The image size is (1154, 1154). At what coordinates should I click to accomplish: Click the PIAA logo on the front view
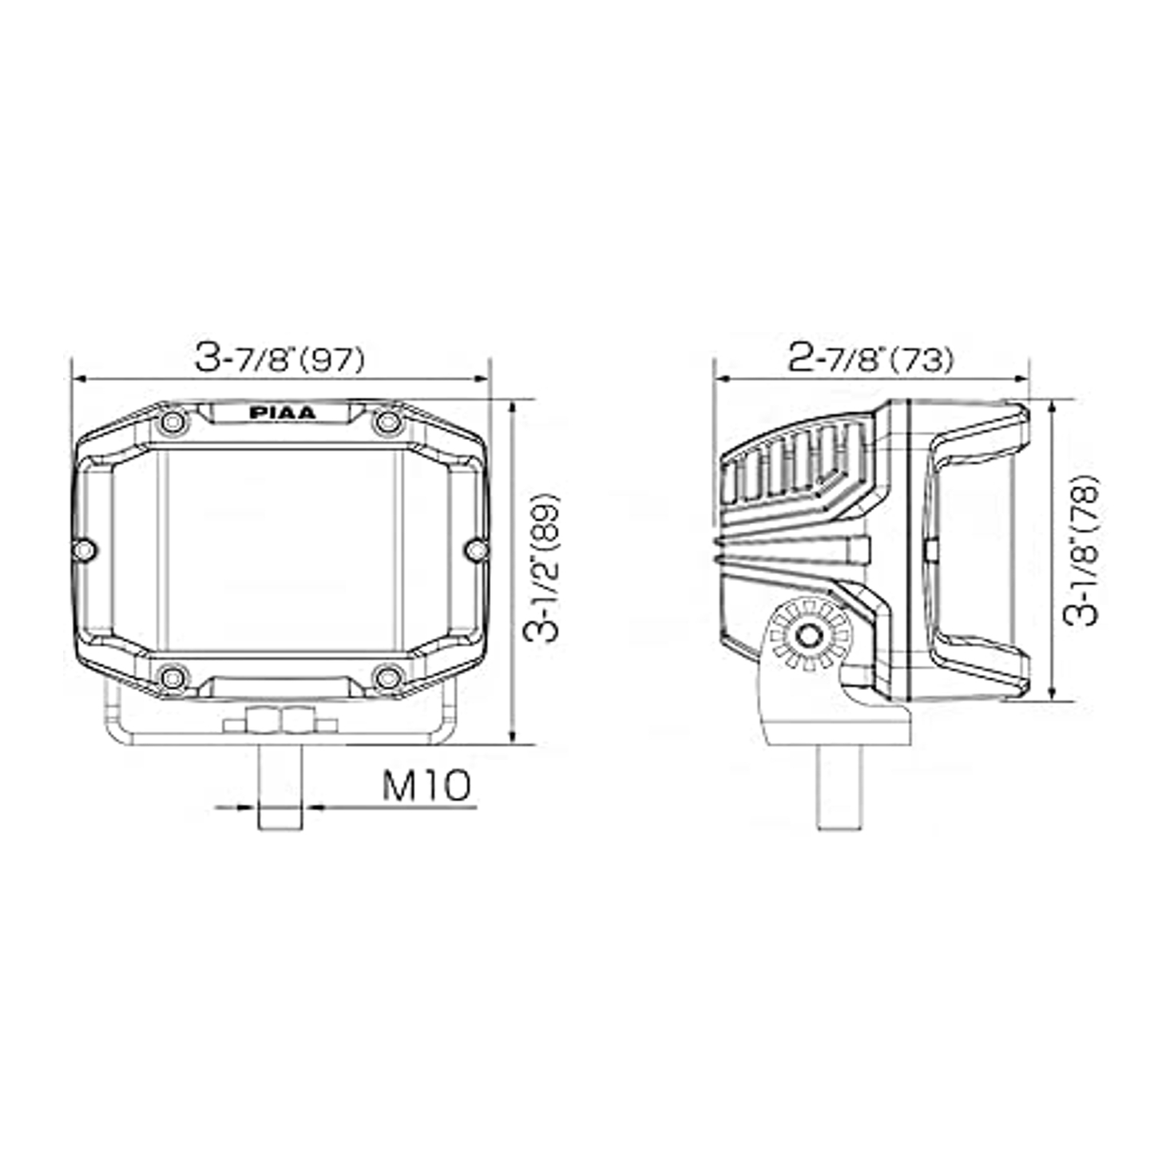tap(282, 413)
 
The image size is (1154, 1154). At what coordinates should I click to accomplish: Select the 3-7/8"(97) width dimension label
tap(280, 359)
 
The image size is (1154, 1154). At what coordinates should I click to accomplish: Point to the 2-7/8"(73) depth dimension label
tap(870, 359)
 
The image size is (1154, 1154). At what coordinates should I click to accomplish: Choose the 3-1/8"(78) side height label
tap(1085, 551)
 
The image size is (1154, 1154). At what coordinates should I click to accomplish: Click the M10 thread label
tap(426, 786)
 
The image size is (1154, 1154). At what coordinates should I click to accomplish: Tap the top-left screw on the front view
tap(173, 422)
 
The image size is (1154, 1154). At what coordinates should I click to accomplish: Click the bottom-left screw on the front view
tap(173, 678)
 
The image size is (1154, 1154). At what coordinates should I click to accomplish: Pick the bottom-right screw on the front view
tap(388, 678)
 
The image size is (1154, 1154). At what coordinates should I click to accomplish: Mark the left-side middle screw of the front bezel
tap(84, 549)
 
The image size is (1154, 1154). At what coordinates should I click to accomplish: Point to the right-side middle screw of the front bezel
tap(477, 549)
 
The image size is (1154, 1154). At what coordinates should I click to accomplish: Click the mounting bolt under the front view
tap(280, 787)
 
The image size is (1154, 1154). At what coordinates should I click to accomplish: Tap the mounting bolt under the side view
tap(839, 787)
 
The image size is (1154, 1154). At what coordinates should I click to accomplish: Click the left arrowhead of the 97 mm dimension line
tap(77, 380)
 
